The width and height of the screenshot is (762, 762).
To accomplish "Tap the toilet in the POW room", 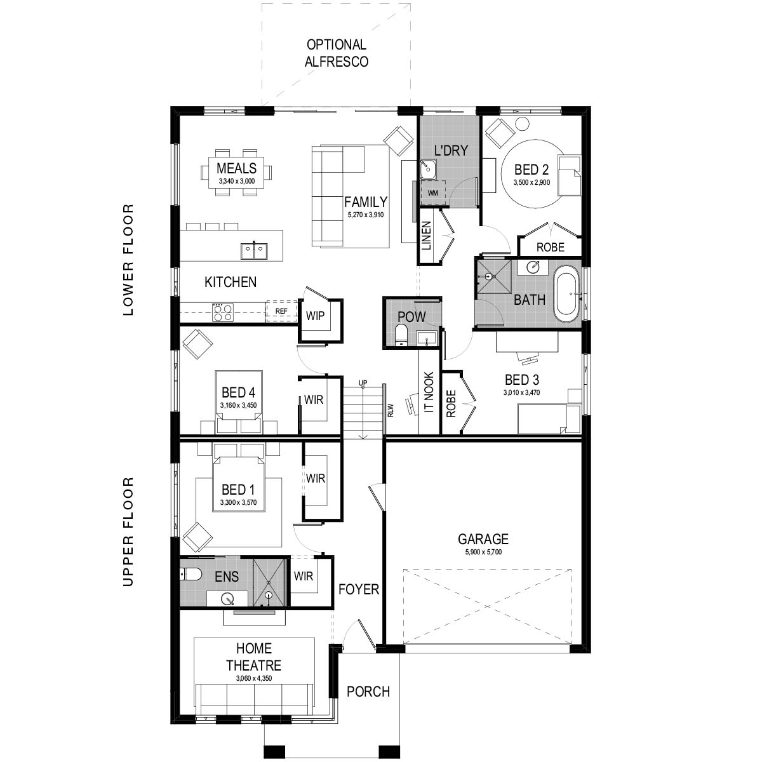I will [x=401, y=335].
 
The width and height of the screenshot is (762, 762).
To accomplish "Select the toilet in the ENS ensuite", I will [x=191, y=575].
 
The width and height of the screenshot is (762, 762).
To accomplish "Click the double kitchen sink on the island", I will [x=254, y=250].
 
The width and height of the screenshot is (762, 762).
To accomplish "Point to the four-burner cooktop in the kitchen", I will [x=222, y=312].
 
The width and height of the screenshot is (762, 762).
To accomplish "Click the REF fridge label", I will [x=281, y=311].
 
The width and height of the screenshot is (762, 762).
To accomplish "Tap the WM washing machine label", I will [x=432, y=192].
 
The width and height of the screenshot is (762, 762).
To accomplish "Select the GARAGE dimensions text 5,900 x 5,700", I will [x=483, y=552].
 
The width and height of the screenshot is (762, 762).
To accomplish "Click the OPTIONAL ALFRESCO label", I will [x=337, y=53].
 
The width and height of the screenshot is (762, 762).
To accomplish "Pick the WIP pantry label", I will [x=316, y=316].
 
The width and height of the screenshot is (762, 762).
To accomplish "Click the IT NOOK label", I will [x=429, y=392].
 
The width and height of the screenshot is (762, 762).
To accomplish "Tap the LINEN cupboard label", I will [x=426, y=236].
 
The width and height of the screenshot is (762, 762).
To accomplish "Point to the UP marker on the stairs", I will [x=363, y=383].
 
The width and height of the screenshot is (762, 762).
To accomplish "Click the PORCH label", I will [x=368, y=692].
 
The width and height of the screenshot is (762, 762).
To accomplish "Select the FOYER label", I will [x=358, y=589].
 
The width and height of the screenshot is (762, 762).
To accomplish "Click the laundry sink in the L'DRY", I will [x=427, y=168].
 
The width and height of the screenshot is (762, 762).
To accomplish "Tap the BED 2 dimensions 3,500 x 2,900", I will [x=531, y=182].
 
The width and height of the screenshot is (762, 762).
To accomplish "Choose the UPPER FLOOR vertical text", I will [x=129, y=531].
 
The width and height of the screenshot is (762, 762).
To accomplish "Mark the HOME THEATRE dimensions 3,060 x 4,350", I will [x=253, y=679].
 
